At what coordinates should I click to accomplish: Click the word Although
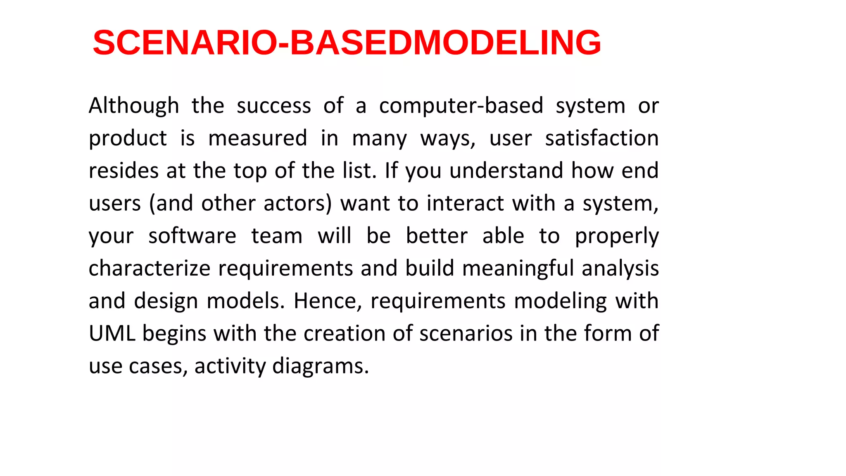(134, 106)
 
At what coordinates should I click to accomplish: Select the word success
(273, 106)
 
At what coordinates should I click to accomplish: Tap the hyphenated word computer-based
(461, 106)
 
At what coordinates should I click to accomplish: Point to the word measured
(258, 138)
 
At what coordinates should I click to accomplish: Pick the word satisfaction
(601, 138)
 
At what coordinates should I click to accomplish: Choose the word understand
(506, 171)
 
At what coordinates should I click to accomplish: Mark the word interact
(465, 204)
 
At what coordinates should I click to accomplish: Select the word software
(192, 236)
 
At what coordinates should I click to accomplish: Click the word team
(277, 236)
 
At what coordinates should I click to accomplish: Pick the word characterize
(150, 269)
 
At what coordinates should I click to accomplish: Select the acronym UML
(112, 333)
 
